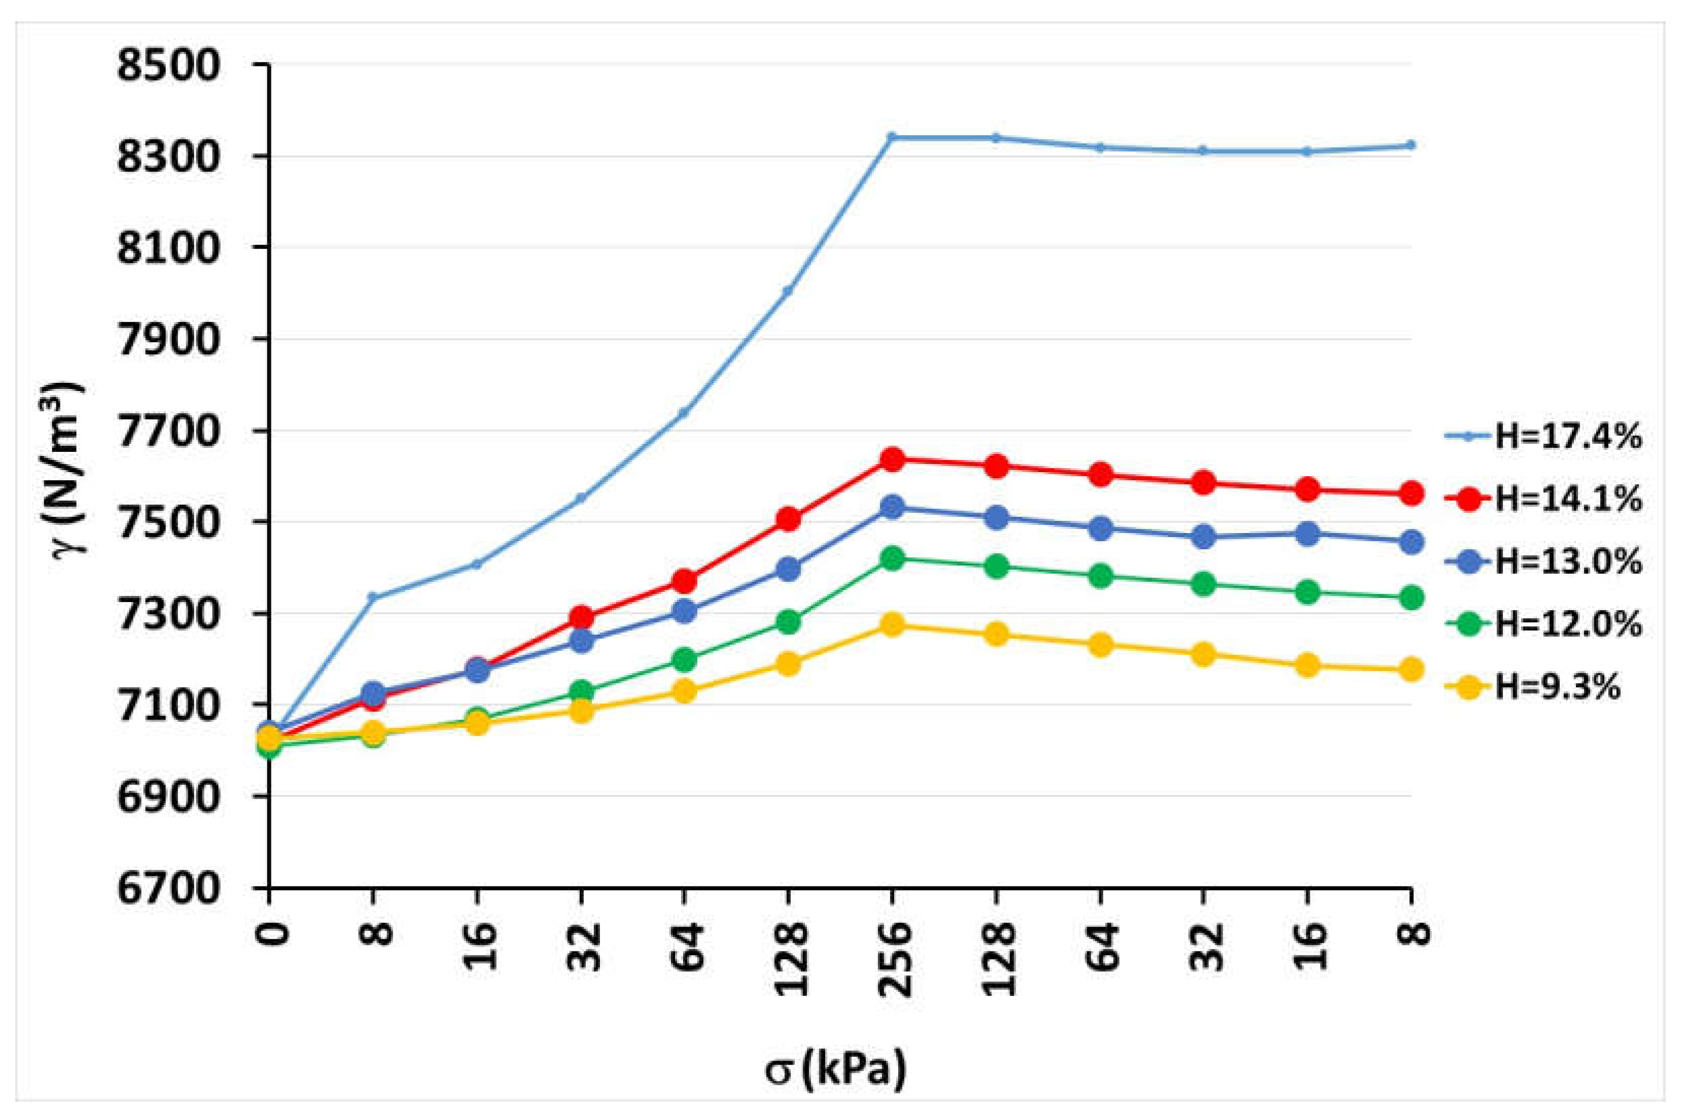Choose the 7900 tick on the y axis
pos(168,340)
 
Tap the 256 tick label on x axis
pos(892,960)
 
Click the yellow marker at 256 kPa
pos(892,626)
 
